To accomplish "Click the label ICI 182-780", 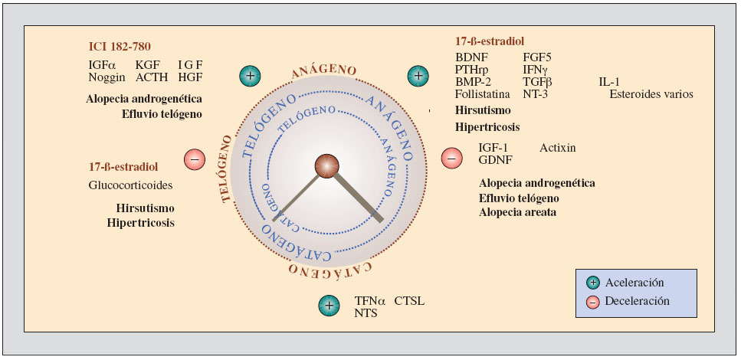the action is coord(120,46).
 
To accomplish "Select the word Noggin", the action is coord(107,77).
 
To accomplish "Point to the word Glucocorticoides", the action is coord(130,185).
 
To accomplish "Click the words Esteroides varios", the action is coord(651,94).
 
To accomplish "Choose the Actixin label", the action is coord(557,147).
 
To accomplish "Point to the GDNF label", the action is coord(495,159).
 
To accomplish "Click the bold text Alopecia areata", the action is coord(517,212).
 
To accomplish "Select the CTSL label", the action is coord(409,301).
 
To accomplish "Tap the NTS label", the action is coord(366,313).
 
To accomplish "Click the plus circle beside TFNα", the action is coord(329,306).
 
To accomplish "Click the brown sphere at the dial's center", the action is coord(327,166).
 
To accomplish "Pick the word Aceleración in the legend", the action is coord(634,283).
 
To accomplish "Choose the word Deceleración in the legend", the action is coord(638,301).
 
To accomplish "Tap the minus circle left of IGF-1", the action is coord(451,159).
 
